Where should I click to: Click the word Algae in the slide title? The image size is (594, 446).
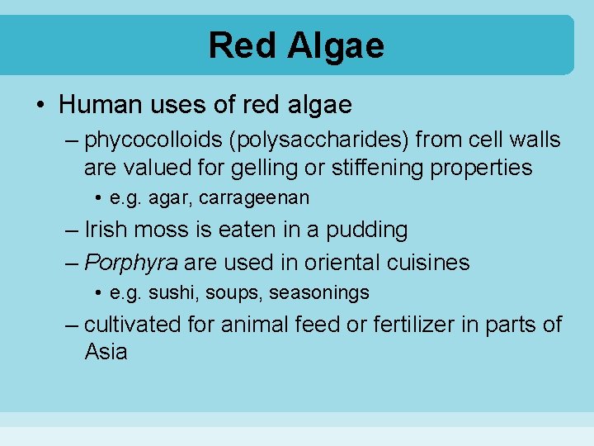(x=336, y=45)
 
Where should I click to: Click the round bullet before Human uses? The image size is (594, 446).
(x=40, y=106)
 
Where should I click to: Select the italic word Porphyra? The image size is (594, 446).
(x=131, y=263)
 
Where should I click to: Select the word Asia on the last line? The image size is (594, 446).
(x=106, y=353)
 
